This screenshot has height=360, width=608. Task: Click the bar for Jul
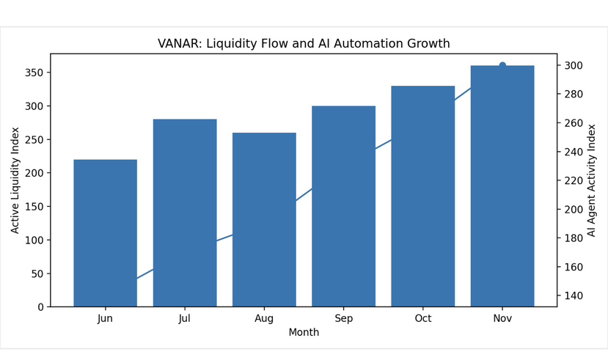click(x=185, y=213)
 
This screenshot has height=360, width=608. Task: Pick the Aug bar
click(x=264, y=220)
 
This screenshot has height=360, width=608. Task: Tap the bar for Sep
click(x=343, y=206)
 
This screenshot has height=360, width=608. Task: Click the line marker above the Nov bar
click(x=502, y=65)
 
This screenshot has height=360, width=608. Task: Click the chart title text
click(x=304, y=44)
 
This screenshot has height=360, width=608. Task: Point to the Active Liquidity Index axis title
click(x=15, y=180)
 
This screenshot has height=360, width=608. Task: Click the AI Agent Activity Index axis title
click(x=591, y=180)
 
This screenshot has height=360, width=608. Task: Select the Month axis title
click(x=304, y=332)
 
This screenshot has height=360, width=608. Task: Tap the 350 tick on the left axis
click(x=34, y=73)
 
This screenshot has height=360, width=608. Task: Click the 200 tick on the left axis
click(x=34, y=173)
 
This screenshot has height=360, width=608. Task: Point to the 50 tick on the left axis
click(x=37, y=273)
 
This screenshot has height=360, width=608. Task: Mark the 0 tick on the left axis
click(x=40, y=307)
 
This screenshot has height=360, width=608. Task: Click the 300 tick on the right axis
click(x=574, y=65)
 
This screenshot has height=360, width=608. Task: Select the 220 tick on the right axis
click(x=574, y=180)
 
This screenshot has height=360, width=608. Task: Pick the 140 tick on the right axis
click(x=574, y=295)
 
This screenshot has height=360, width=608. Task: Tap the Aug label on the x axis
click(x=264, y=318)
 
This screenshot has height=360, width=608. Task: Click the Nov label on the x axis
click(x=502, y=318)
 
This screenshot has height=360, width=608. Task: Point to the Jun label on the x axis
click(x=105, y=318)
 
